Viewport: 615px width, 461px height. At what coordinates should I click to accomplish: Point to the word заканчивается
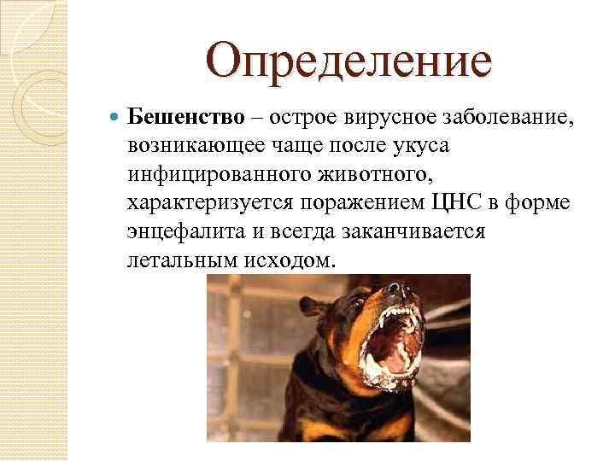[x=413, y=232]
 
